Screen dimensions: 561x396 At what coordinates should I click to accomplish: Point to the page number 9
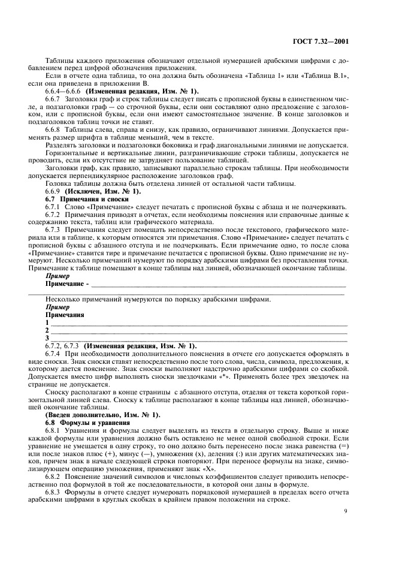tap(346, 511)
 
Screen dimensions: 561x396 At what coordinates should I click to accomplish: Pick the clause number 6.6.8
tap(55, 129)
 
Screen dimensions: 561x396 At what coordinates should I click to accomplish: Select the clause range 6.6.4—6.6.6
tap(63, 91)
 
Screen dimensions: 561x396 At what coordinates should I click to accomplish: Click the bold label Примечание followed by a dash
tap(67, 283)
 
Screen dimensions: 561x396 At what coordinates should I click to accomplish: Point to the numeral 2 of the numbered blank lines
tap(47, 330)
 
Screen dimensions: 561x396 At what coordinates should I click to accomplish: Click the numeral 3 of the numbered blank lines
tap(47, 337)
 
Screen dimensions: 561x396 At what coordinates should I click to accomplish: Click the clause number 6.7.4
tap(55, 353)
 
